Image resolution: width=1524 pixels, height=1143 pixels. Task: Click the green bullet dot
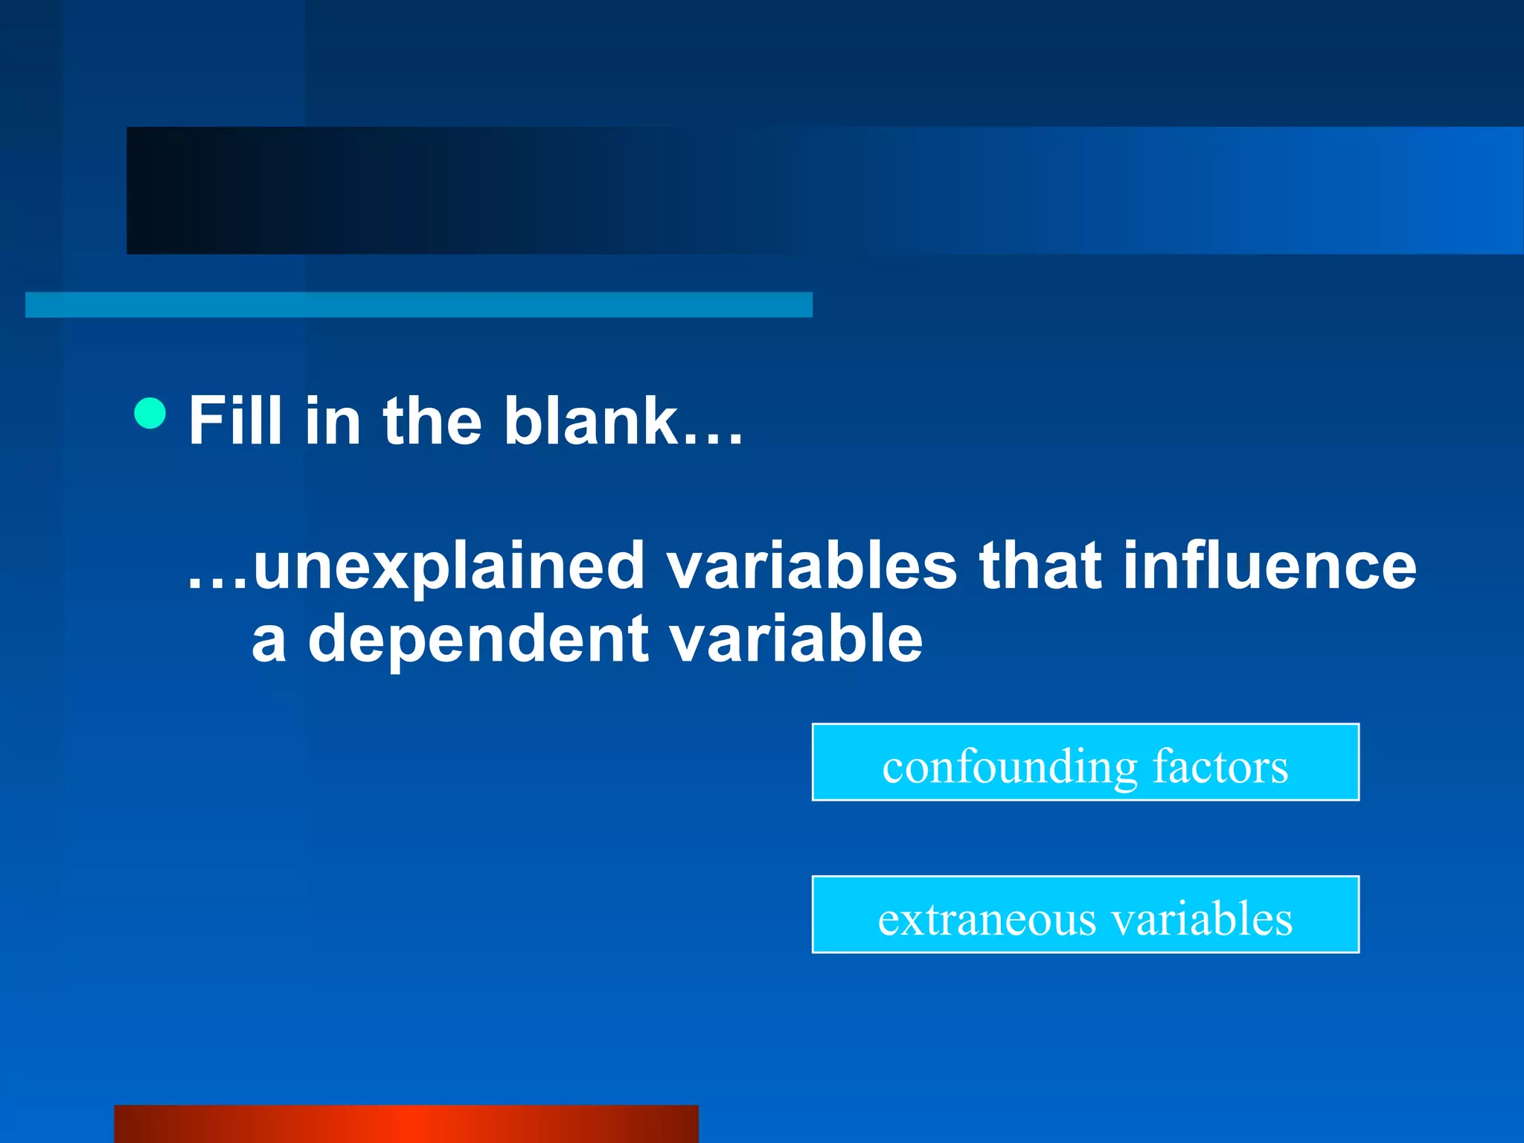click(150, 413)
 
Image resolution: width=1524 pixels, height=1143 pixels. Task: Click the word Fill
click(235, 420)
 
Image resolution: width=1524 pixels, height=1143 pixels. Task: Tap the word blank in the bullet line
click(590, 420)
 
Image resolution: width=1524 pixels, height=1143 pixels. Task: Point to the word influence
click(1269, 566)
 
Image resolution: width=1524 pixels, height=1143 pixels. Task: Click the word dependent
click(478, 638)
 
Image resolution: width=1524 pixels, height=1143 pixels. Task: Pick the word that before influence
click(1040, 566)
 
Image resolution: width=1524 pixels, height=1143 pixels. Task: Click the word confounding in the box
click(1010, 766)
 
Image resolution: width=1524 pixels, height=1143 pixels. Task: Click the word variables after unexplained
click(811, 566)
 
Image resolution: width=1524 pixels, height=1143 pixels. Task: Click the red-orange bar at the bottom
click(406, 1124)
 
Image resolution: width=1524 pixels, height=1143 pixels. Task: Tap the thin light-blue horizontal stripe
click(418, 304)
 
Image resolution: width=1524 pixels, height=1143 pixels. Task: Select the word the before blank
click(432, 420)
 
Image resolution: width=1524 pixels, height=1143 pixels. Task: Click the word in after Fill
click(333, 420)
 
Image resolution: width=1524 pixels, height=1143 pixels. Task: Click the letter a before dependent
click(269, 641)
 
